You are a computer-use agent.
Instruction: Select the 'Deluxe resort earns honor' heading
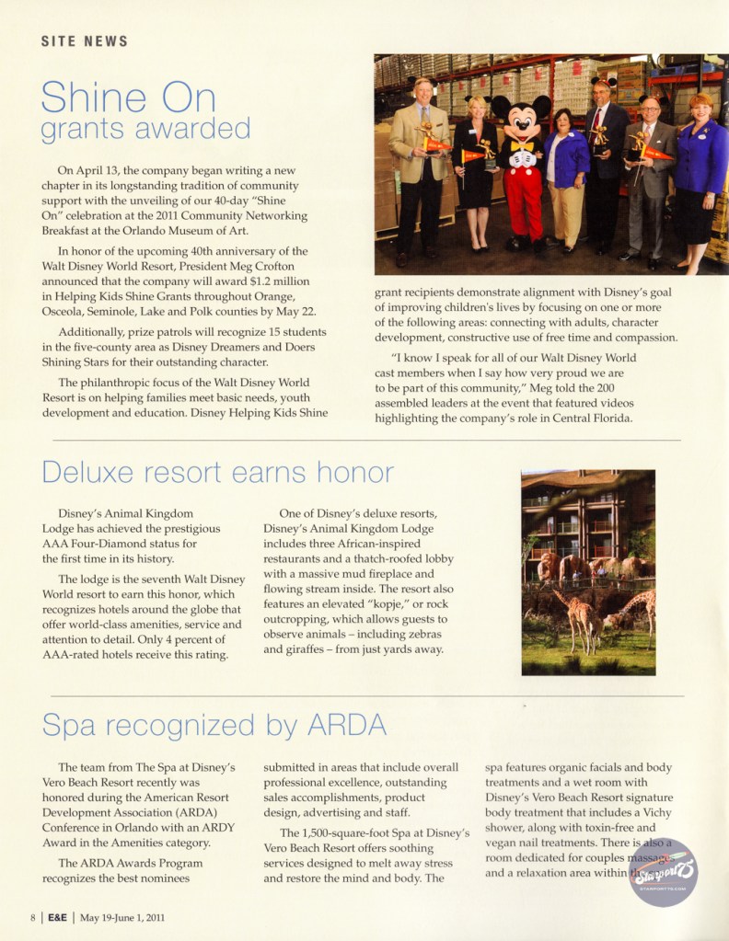point(218,472)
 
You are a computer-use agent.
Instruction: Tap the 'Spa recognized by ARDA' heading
point(214,725)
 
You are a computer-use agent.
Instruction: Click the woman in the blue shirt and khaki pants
point(566,179)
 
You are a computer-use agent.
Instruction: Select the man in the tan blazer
point(420,166)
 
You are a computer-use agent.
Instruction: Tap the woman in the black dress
point(475,175)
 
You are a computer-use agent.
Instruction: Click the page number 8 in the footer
point(32,916)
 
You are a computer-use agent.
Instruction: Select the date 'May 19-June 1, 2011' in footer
point(122,916)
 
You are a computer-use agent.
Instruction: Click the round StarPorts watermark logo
point(663,871)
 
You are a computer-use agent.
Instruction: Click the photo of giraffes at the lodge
point(588,572)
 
